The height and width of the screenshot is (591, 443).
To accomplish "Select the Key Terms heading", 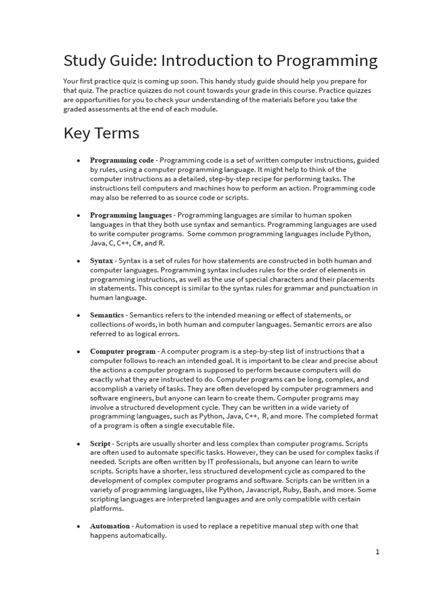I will pos(101,133).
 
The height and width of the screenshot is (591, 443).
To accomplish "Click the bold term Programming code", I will pos(122,160).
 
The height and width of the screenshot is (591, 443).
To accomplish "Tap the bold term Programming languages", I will pos(130,215).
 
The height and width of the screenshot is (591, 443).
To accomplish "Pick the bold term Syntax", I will pos(102,261).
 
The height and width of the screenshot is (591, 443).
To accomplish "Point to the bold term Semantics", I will pos(107,315).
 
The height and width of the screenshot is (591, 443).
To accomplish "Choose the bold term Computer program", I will pos(122,351).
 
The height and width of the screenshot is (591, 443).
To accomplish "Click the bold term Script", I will pos(100,443).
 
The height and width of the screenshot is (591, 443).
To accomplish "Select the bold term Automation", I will pos(110,526).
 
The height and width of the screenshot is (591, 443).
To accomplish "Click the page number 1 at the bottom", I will pos(377,552).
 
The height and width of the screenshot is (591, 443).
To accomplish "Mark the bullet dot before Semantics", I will pos(78,316).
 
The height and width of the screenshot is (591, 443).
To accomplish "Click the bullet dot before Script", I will pos(78,444).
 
